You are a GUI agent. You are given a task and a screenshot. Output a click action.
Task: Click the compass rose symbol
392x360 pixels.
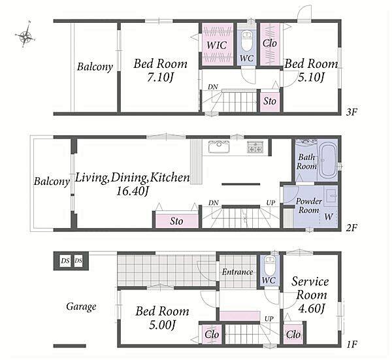tap(25, 35)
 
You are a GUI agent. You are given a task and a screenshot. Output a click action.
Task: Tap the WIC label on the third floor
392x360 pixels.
tap(217, 45)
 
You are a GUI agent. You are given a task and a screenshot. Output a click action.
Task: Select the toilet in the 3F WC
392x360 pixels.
tap(247, 41)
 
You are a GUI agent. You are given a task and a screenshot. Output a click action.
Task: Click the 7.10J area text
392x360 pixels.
tap(160, 77)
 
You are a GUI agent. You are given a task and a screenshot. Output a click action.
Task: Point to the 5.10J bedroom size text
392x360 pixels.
tap(311, 77)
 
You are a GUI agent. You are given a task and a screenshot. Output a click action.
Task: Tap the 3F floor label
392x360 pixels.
tap(351, 112)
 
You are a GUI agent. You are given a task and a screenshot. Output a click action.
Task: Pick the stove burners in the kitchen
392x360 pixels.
tap(255, 147)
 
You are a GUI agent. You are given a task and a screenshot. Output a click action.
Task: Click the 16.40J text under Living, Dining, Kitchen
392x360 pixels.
tap(133, 191)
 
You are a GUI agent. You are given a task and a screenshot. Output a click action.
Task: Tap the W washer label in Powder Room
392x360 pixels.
tap(329, 217)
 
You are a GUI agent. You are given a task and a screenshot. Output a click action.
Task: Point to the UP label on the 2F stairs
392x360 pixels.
tap(270, 203)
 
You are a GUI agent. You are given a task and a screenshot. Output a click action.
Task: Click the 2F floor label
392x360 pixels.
tap(351, 227)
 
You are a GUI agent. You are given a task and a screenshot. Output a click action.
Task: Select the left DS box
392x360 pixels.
tap(65, 261)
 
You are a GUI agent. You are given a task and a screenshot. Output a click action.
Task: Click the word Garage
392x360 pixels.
tap(81, 306)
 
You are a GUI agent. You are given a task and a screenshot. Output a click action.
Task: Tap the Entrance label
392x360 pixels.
tap(237, 272)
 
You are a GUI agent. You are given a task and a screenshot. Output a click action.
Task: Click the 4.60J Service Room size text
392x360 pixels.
tap(312, 308)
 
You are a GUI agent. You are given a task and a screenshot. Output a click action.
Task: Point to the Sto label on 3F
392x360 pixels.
tap(270, 101)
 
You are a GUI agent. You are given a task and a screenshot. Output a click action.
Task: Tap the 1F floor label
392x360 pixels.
tap(351, 344)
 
